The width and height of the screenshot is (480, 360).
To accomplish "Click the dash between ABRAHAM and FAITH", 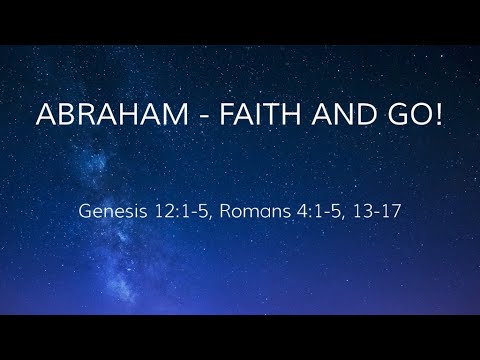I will tap(176, 117).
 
